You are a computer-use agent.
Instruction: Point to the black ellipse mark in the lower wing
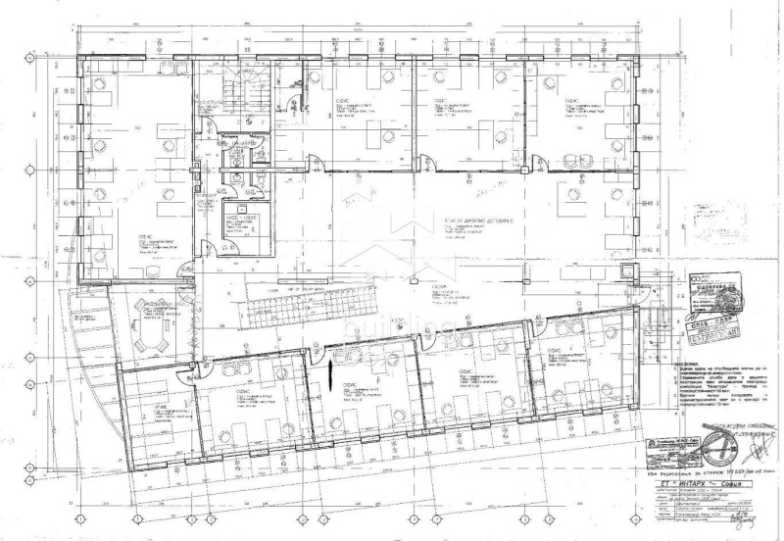[x=334, y=373]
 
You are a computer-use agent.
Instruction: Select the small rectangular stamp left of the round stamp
[x=678, y=453]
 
